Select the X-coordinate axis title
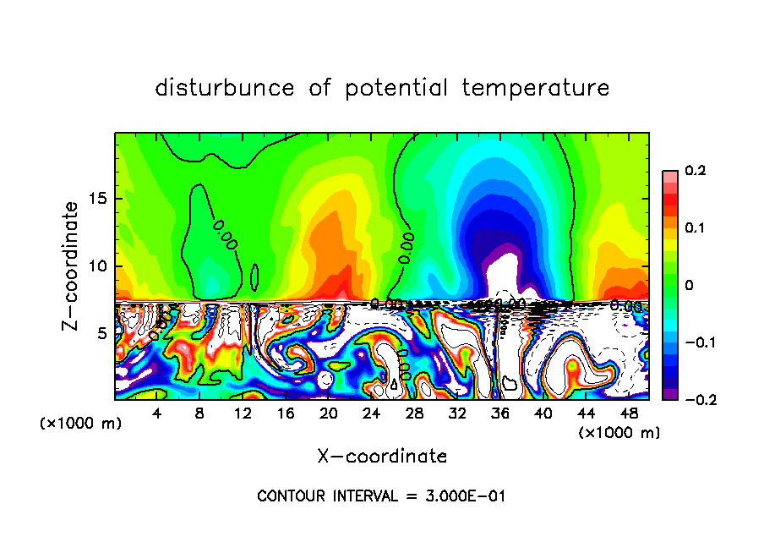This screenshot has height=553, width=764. point(382,457)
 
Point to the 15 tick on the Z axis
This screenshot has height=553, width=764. point(101,199)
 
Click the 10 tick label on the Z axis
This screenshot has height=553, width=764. point(101,266)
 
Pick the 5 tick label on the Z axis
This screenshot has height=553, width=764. point(105,333)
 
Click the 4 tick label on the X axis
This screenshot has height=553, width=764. point(157,413)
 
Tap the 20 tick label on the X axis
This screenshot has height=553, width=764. point(329,413)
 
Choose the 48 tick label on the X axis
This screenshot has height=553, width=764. point(629,413)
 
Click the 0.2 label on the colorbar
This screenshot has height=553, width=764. point(695,171)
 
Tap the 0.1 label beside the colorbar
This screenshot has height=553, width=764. point(695,227)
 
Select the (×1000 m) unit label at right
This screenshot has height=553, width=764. point(619,433)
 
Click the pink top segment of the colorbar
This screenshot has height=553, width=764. point(670,175)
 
